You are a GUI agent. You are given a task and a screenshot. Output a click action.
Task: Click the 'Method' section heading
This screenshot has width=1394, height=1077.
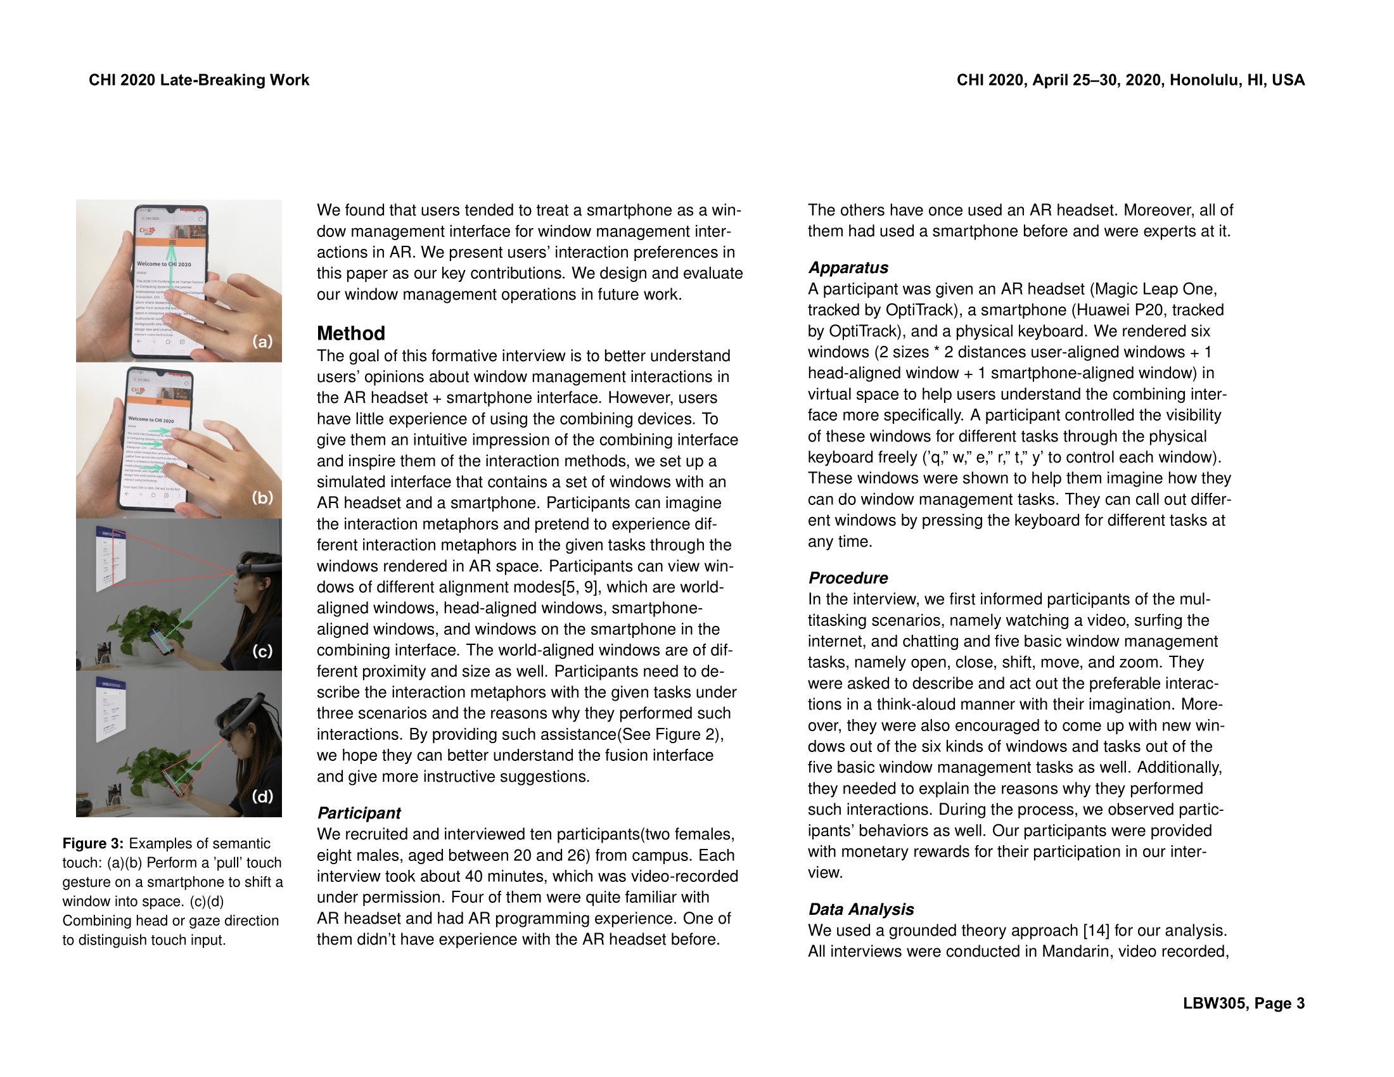coord(350,333)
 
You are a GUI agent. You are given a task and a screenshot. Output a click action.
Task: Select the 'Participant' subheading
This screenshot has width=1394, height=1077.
coord(359,813)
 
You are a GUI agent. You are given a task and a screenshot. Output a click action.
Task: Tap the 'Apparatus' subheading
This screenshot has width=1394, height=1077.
coord(848,267)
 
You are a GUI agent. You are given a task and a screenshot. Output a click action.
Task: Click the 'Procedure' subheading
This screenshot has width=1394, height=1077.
coord(848,577)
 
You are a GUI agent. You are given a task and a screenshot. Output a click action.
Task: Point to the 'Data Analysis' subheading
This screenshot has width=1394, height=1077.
coord(860,908)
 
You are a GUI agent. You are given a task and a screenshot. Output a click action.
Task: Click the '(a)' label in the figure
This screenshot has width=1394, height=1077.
coord(262,341)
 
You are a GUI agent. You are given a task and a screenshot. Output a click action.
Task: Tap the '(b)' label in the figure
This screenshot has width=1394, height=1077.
coord(262,497)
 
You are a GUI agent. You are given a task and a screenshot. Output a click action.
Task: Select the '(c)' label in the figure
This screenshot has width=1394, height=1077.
coord(262,651)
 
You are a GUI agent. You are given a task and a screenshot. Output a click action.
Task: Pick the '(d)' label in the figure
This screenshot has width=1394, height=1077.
coord(262,796)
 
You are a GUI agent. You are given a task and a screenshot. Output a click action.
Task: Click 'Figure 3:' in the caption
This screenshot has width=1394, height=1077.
coord(93,843)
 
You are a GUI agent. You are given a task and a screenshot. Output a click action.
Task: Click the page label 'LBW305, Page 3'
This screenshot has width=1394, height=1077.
coord(1243,1003)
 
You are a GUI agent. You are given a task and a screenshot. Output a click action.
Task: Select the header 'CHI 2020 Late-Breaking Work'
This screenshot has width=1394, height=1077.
coord(198,80)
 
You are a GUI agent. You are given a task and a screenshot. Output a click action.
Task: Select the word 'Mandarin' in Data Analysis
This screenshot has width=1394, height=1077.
coord(1077,952)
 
